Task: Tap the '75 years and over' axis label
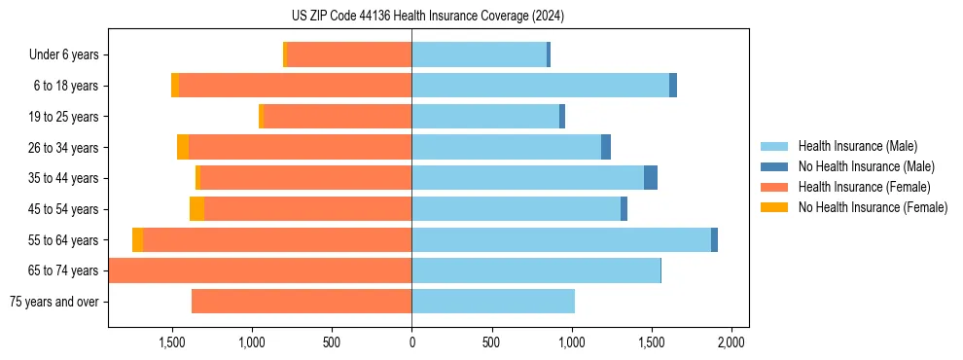(x=54, y=302)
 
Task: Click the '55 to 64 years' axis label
(x=65, y=240)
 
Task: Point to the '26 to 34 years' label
(x=65, y=148)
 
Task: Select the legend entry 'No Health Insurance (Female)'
(x=873, y=207)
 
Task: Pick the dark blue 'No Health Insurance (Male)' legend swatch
(x=776, y=167)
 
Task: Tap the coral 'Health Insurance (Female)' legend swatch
(x=776, y=187)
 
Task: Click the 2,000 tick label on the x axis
(x=731, y=342)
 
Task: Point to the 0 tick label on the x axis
(x=411, y=342)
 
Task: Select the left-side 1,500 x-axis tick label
(x=172, y=342)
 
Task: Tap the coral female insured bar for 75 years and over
(x=302, y=302)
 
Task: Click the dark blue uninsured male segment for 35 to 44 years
(x=651, y=178)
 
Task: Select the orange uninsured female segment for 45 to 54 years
(x=196, y=209)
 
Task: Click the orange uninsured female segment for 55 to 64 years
(x=138, y=240)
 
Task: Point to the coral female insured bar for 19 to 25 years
(x=338, y=117)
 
